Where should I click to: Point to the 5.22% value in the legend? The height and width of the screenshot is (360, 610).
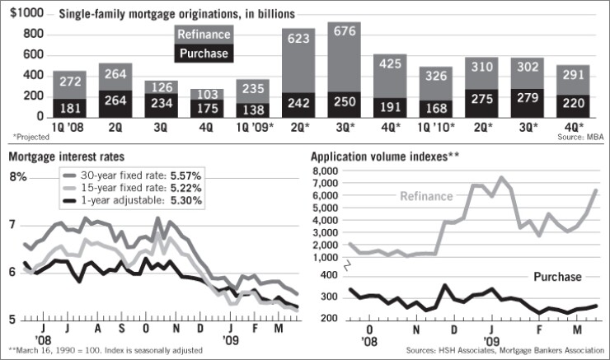coord(188,189)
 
